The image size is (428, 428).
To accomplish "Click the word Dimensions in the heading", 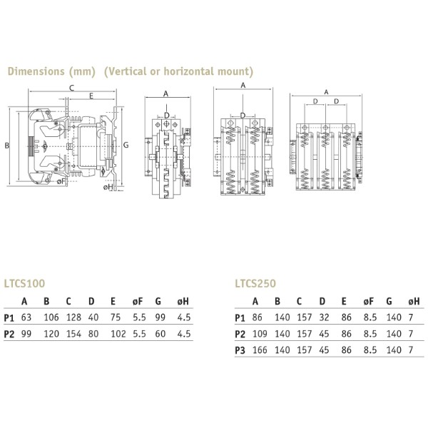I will [x=34, y=72].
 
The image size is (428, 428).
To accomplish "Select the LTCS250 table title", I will [x=255, y=283].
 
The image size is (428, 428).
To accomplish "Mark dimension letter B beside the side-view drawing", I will [x=6, y=146].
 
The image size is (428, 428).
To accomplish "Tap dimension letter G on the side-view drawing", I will [x=126, y=145].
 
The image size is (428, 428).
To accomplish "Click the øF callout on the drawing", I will [x=62, y=182].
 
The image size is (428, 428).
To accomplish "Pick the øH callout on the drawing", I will [x=108, y=187].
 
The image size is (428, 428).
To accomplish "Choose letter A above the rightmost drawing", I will [x=326, y=91].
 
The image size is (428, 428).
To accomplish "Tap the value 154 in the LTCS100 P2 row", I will [x=68, y=333].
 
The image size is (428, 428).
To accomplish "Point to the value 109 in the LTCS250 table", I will [x=258, y=333].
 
